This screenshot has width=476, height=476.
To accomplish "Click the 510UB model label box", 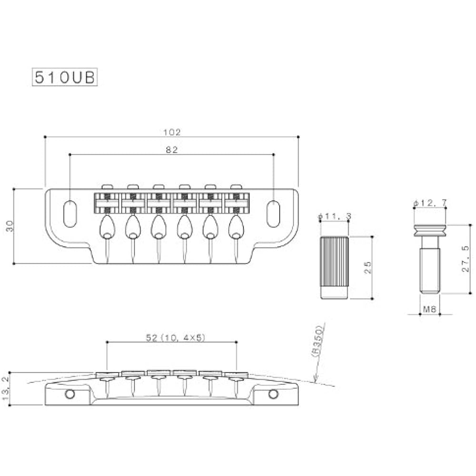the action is pyautogui.click(x=65, y=77).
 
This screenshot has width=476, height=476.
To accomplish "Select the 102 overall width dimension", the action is pyautogui.click(x=172, y=132).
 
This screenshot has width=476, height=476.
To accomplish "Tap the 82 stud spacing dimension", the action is pyautogui.click(x=172, y=149).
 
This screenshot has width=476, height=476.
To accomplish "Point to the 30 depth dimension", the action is pyautogui.click(x=10, y=226).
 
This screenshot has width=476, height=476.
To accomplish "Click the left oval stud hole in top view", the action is pyautogui.click(x=70, y=214).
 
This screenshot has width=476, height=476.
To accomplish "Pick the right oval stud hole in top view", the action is pyautogui.click(x=273, y=214).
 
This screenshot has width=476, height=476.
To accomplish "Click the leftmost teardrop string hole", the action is pyautogui.click(x=107, y=227).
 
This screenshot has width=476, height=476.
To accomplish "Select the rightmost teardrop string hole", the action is pyautogui.click(x=236, y=227).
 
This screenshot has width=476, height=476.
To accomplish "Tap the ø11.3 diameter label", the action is pyautogui.click(x=335, y=217).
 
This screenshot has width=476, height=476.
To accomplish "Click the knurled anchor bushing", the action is pyautogui.click(x=334, y=268).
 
